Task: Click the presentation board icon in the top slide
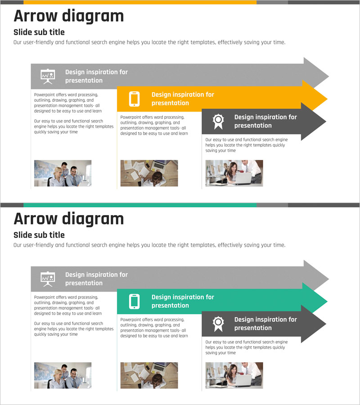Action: pyautogui.click(x=48, y=76)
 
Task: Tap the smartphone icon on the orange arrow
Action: pyautogui.click(x=134, y=99)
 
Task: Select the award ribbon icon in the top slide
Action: pyautogui.click(x=218, y=121)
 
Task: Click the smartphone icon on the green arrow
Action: pyautogui.click(x=134, y=301)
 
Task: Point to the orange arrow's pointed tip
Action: pyautogui.click(x=327, y=99)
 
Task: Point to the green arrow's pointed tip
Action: pyautogui.click(x=327, y=301)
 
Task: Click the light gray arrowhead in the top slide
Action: pyautogui.click(x=315, y=73)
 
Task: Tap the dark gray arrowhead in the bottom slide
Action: pyautogui.click(x=314, y=324)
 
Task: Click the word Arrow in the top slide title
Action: pyautogui.click(x=36, y=16)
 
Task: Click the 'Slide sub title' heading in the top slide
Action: pyautogui.click(x=39, y=32)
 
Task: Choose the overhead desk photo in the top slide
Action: pyautogui.click(x=149, y=173)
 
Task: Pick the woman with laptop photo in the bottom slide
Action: pyautogui.click(x=234, y=375)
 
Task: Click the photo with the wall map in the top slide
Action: pyautogui.click(x=63, y=173)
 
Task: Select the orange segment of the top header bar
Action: pyautogui.click(x=140, y=2)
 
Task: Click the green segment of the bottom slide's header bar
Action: pyautogui.click(x=140, y=205)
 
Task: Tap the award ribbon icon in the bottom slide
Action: pyautogui.click(x=218, y=324)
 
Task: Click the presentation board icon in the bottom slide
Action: pyautogui.click(x=48, y=279)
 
